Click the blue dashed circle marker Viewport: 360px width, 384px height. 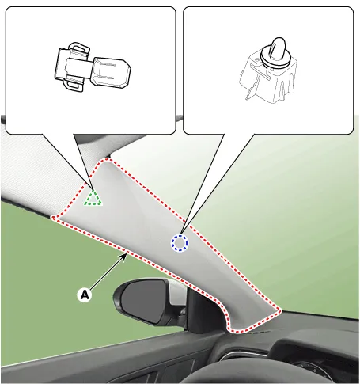[180, 243]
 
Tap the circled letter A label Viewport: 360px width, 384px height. [85, 295]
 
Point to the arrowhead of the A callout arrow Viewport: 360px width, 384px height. [125, 255]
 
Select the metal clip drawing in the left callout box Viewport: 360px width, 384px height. [93, 68]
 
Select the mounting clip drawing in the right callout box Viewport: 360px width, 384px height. [267, 70]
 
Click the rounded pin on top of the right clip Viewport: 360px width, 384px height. [278, 48]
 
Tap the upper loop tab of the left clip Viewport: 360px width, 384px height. [79, 47]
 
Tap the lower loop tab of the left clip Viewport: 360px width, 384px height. [74, 86]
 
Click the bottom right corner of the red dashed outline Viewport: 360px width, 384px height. [279, 311]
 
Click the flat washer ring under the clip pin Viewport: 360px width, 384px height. [275, 58]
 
